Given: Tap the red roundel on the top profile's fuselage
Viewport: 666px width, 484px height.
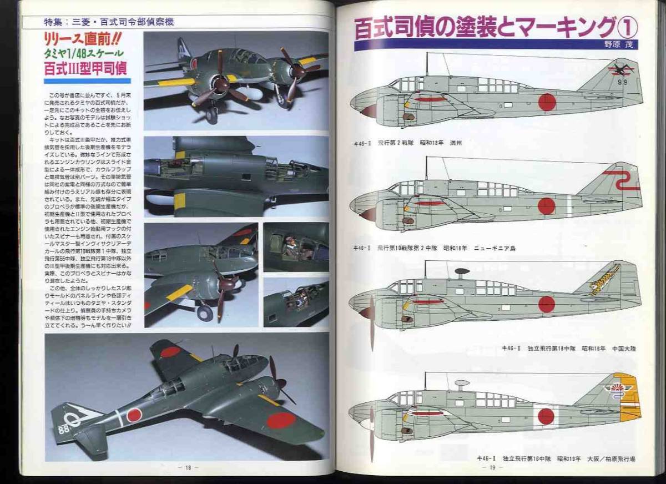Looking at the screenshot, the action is coord(547,102).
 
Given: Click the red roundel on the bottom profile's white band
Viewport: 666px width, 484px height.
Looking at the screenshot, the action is coord(546,416).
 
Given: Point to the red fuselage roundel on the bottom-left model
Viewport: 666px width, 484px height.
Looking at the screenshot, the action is coord(134,415).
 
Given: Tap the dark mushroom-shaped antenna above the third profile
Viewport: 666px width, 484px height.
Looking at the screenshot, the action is coord(462,273).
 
